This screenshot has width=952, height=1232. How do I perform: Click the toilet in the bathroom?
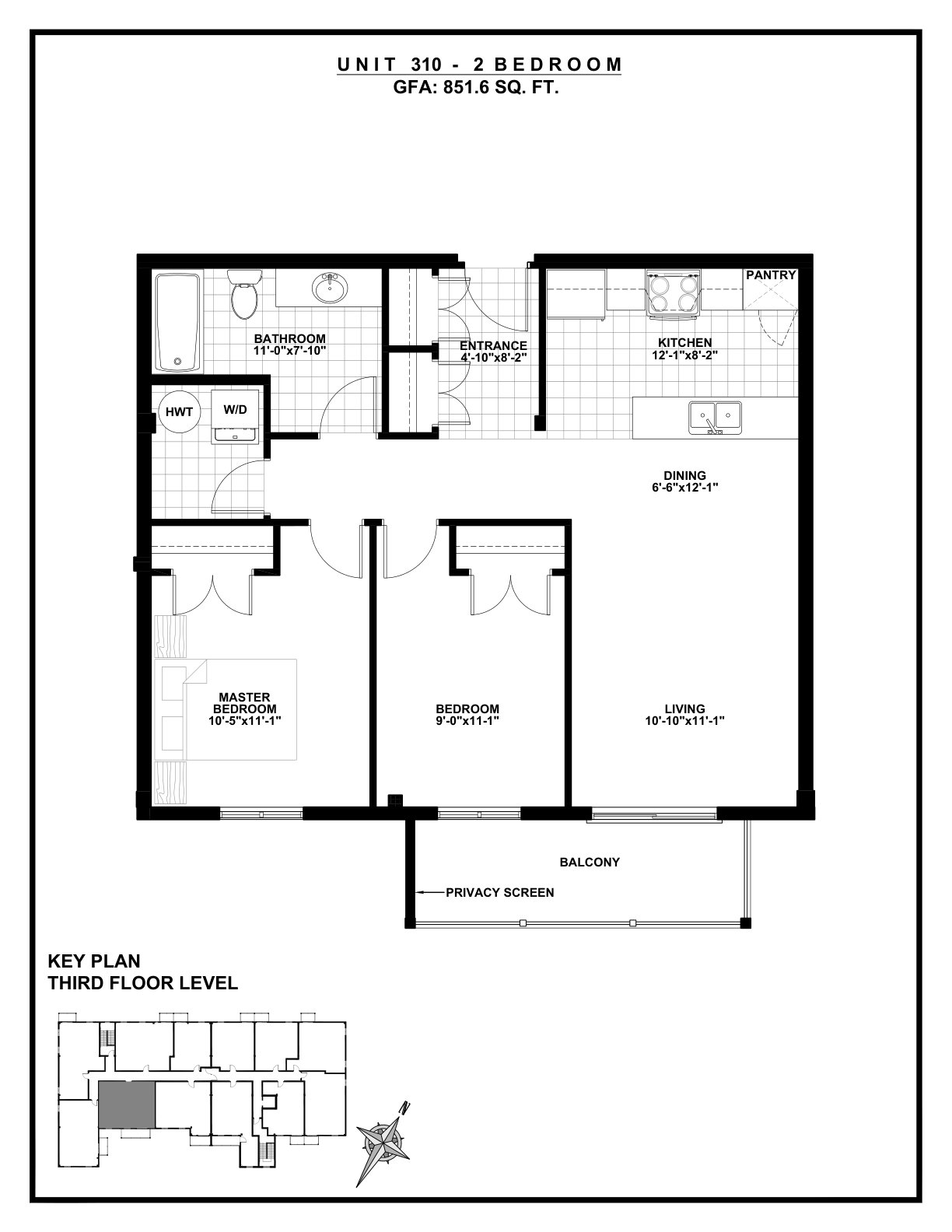245,293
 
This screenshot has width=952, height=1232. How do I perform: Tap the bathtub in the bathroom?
178,323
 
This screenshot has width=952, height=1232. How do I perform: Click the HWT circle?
179,412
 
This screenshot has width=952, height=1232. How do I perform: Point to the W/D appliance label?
235,409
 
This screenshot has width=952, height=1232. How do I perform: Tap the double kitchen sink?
715,418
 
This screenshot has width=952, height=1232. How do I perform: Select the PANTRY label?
771,275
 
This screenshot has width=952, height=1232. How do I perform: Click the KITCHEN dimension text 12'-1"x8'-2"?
684,356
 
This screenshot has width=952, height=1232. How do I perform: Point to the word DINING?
685,475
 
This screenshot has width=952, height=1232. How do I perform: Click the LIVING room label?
685,709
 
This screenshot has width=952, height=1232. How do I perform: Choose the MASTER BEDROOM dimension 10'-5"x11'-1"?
244,720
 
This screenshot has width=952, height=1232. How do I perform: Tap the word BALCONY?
590,863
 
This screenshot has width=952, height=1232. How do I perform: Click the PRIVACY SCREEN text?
499,893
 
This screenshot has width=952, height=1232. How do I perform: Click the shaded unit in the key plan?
127,1104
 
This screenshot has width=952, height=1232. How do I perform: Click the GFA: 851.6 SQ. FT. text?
476,88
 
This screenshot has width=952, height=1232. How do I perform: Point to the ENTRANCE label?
493,346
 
